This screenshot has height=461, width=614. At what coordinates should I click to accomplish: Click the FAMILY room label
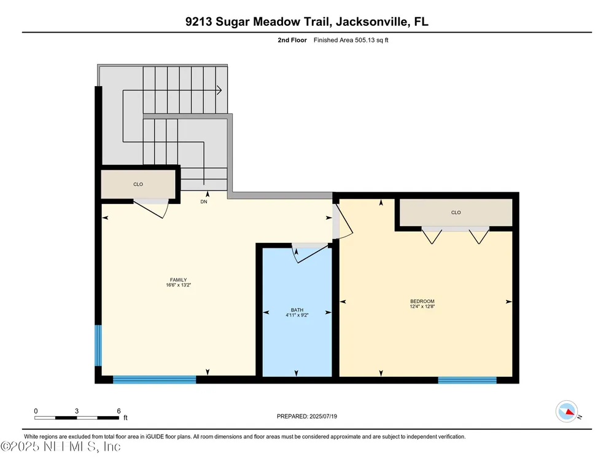click(178, 280)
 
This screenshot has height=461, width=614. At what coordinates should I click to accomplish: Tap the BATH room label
click(297, 310)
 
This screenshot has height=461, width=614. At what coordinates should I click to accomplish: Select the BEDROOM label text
click(422, 301)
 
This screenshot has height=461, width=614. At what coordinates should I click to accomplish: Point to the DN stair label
click(204, 202)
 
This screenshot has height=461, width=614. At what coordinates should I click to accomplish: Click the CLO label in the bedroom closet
click(456, 213)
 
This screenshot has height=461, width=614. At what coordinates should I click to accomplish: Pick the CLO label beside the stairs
click(138, 184)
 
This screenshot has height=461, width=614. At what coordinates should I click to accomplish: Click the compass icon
click(567, 411)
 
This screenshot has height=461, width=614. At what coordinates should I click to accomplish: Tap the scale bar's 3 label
click(77, 411)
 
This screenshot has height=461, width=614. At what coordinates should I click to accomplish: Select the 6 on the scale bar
click(119, 411)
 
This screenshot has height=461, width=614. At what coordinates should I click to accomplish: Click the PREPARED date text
click(306, 416)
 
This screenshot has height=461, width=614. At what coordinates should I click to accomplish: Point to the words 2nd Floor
click(292, 40)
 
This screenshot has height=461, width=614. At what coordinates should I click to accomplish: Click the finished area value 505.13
click(365, 40)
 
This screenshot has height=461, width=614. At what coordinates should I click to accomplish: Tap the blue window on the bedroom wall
click(467, 380)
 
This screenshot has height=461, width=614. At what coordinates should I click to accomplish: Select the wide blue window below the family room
click(154, 379)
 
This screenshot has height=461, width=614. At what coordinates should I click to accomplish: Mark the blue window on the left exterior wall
click(98, 345)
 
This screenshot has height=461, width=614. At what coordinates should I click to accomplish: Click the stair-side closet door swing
click(152, 208)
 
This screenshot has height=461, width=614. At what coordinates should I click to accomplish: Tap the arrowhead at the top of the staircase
click(219, 90)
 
